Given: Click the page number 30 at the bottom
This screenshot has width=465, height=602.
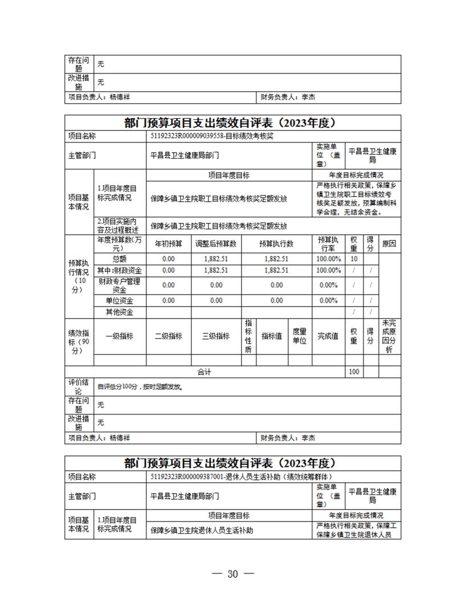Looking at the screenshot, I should (x=232, y=573).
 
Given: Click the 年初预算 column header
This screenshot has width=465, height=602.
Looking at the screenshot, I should (x=169, y=243).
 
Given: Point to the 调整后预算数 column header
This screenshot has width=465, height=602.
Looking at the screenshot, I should (x=216, y=243).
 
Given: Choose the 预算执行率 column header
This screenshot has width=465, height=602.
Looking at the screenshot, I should (x=329, y=243).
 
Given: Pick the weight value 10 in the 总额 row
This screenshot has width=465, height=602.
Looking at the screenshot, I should (x=354, y=259).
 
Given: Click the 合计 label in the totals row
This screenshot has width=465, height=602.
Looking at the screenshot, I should (x=204, y=372).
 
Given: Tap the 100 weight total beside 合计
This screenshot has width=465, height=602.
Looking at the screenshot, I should (x=354, y=372).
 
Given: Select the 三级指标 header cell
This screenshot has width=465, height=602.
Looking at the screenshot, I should (x=216, y=336).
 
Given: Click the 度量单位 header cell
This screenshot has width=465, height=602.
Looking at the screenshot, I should (x=299, y=336).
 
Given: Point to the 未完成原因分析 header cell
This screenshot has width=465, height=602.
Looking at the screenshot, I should (x=390, y=336).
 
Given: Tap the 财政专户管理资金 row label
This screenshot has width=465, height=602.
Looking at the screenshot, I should (x=120, y=285).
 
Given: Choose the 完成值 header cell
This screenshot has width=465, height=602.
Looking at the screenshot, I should (x=328, y=336).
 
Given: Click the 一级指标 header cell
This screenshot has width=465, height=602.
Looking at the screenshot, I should (x=120, y=336).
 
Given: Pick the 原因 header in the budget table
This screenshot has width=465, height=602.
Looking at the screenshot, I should (x=389, y=243).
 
